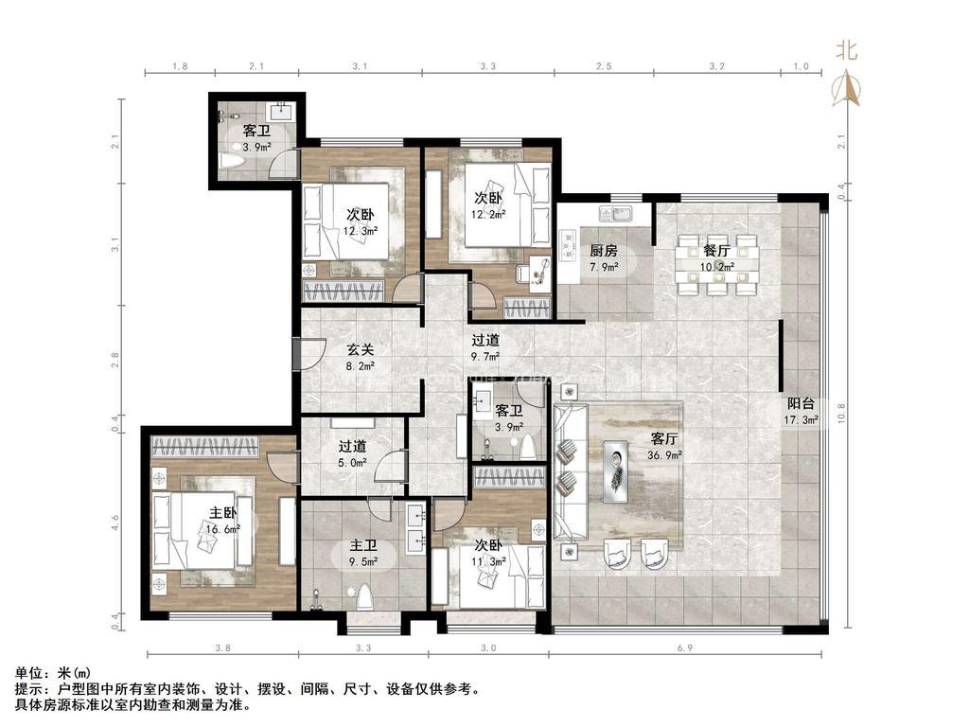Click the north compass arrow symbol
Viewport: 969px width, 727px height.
pos(846,87)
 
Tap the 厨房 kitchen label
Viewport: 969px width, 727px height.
pos(603,250)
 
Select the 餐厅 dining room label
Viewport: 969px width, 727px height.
pos(717,251)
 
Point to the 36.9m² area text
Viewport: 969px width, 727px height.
pos(665,455)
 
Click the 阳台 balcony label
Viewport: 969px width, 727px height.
pos(801,404)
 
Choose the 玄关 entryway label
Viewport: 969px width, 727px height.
pos(361,350)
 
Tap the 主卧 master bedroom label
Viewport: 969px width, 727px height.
pos(223,512)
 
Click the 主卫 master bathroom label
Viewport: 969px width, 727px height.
pos(363,546)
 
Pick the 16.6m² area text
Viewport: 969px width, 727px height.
pos(223,529)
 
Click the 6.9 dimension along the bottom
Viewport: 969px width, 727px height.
pos(685,647)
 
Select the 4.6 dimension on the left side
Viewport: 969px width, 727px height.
pos(115,523)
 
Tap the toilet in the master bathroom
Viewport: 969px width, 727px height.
pos(364,596)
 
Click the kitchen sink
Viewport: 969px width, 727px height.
pos(615,214)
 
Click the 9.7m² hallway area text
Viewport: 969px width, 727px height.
pos(485,356)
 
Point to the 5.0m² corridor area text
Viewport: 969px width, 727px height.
pos(352,462)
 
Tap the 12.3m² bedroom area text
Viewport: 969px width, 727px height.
pos(361,231)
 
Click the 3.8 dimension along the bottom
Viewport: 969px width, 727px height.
pos(223,647)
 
